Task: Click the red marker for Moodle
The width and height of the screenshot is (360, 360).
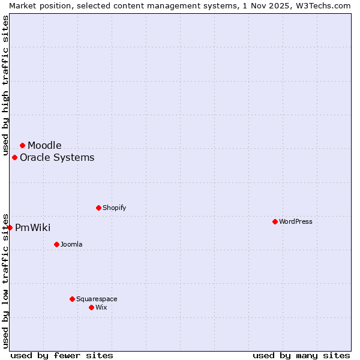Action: click(x=22, y=145)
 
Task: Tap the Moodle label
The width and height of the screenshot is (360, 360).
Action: click(x=44, y=145)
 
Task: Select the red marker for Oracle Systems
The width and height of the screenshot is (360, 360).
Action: click(x=14, y=157)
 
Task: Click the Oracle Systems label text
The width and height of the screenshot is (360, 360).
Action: click(x=57, y=157)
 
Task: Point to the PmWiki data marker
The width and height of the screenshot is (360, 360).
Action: click(x=10, y=227)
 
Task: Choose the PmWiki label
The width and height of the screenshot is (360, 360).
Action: click(x=32, y=227)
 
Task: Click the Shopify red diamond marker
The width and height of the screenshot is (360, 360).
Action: click(x=98, y=208)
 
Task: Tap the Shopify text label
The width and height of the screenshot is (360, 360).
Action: click(x=114, y=208)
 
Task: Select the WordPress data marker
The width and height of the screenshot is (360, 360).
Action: click(x=275, y=221)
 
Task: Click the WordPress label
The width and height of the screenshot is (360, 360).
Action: click(x=295, y=221)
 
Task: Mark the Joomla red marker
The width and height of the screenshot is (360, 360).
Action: click(x=56, y=244)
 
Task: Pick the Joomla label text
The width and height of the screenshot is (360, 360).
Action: click(x=71, y=244)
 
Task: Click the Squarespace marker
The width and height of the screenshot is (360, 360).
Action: click(x=72, y=299)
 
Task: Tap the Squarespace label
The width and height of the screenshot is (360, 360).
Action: click(x=97, y=299)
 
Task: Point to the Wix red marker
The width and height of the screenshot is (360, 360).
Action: click(x=91, y=307)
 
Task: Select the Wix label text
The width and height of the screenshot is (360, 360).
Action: click(x=101, y=307)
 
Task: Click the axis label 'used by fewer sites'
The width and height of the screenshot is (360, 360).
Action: click(x=62, y=355)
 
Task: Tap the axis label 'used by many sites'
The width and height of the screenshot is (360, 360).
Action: click(x=301, y=355)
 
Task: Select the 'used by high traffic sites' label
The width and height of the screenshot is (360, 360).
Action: click(x=5, y=84)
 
